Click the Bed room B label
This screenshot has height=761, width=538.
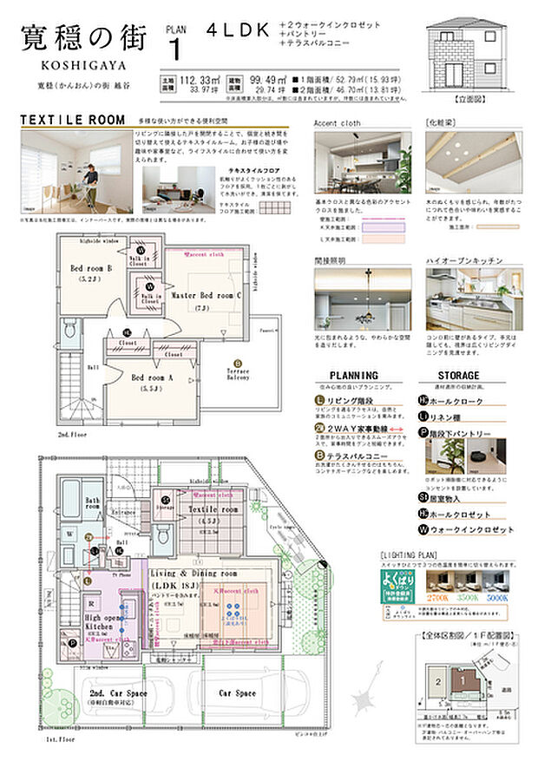pyautogui.click(x=93, y=269)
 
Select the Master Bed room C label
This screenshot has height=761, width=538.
pyautogui.click(x=205, y=295)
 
